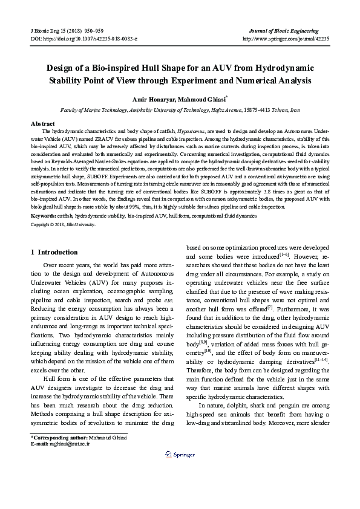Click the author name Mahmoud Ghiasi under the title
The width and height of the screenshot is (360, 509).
(x=203, y=99)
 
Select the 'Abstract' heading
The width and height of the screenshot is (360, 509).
(x=42, y=123)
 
